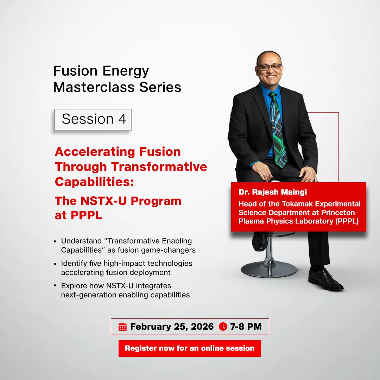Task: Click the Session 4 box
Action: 93,119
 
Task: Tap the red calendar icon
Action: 122,327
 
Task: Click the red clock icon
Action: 223,327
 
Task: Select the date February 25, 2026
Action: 172,327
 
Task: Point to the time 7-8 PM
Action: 246,327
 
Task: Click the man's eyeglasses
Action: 270,67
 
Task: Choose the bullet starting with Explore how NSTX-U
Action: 125,290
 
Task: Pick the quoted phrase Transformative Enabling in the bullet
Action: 149,241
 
